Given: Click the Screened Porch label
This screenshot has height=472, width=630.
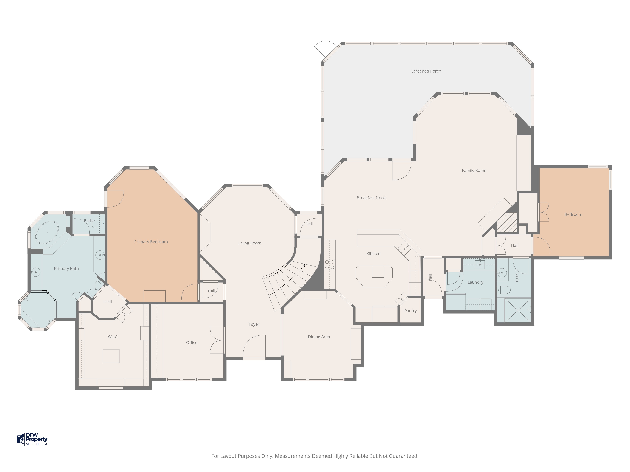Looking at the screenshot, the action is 426,71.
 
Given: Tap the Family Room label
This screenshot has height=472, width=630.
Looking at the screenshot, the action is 474,171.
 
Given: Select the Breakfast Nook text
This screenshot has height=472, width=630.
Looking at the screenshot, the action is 371,198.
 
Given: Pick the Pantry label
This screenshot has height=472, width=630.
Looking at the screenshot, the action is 410,311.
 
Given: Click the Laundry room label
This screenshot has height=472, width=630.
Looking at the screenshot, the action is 475,282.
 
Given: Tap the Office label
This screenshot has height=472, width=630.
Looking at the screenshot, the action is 192,343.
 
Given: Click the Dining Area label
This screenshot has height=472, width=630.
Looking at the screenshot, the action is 319,337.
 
